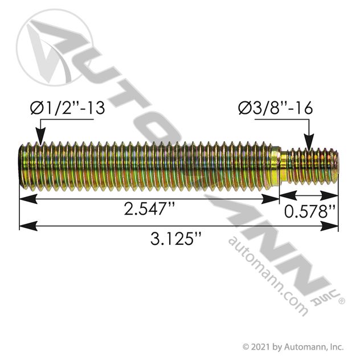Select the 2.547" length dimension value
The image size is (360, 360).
149,209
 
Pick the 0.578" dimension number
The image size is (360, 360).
310,211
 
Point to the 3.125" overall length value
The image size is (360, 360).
175,239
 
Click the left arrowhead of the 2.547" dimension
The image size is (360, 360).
28,199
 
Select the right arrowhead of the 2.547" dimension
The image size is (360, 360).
270,199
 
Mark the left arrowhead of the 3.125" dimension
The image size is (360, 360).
28,226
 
